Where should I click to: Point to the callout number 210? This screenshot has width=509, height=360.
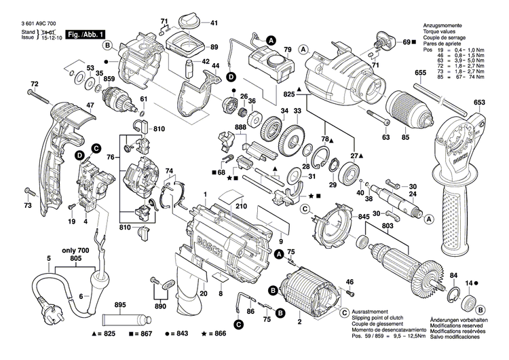241,205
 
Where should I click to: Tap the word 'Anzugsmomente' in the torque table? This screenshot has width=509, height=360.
442,24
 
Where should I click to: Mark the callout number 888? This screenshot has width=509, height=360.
240,128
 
